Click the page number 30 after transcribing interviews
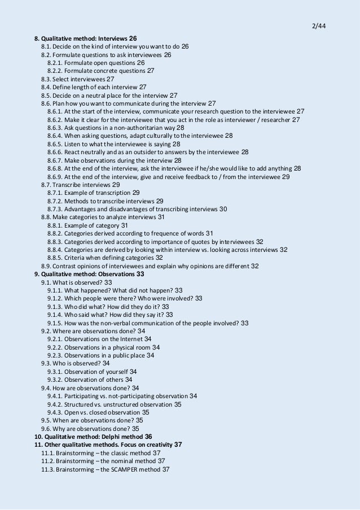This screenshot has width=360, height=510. pos(223,209)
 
